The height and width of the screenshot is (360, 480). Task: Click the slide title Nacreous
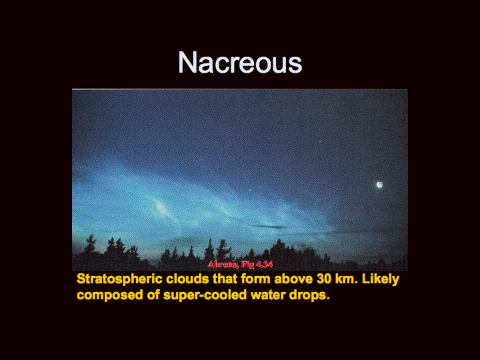pos(240,63)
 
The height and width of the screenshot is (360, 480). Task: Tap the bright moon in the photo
pos(379,185)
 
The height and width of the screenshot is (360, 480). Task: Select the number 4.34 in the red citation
pos(264,264)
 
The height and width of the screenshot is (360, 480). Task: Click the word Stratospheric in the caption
pos(119,279)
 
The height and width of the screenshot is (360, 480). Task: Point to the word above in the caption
pos(293,279)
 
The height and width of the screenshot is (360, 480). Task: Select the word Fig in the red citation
pos(247,265)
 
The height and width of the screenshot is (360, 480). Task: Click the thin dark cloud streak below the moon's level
pos(269,227)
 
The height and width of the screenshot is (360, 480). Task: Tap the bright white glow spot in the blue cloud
pos(161,207)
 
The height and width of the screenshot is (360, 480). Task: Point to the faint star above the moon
pos(320,141)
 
